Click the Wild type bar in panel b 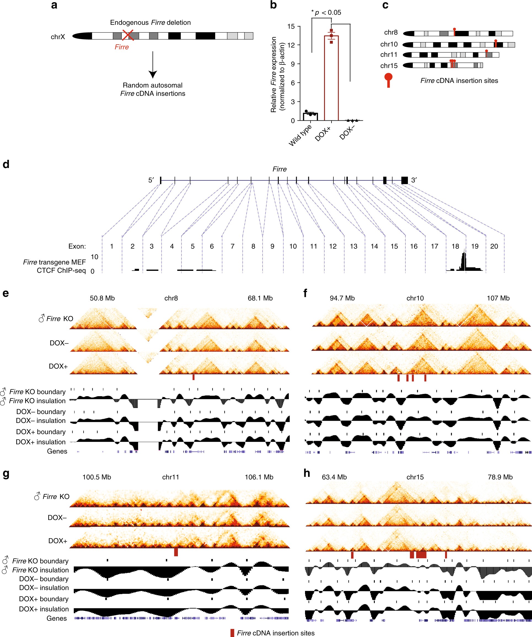coord(310,117)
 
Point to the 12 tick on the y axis coord(291,45)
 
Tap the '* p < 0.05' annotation coord(326,12)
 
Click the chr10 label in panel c coord(389,44)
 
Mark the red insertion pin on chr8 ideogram coord(454,31)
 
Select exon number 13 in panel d coord(354,246)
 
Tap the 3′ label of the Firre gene coord(414,180)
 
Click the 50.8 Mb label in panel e coord(102,298)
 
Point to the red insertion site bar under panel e coord(193,377)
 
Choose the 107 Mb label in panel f coord(498,298)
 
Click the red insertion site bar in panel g coord(176,552)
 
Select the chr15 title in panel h coord(415,477)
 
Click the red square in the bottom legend coord(232,633)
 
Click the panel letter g coord(6,474)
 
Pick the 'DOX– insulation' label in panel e coord(41,421)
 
